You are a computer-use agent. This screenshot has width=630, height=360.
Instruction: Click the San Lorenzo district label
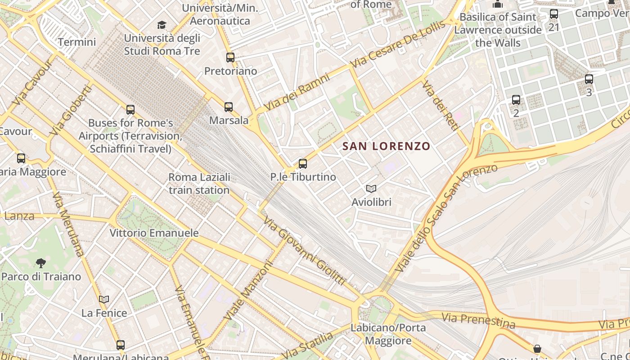[x=386, y=146]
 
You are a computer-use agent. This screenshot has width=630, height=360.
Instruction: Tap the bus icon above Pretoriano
[x=230, y=58]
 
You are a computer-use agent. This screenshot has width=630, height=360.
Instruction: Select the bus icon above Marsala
[x=229, y=107]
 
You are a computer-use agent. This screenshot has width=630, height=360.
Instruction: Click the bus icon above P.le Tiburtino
[x=303, y=164]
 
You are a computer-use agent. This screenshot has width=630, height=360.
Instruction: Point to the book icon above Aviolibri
[x=371, y=189]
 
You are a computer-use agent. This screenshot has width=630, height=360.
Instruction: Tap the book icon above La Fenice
[x=104, y=299]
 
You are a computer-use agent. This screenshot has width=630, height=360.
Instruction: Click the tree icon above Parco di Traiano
[x=41, y=263]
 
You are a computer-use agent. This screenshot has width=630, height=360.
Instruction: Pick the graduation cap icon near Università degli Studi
[x=162, y=25]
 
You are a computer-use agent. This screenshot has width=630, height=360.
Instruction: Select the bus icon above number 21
[x=554, y=14]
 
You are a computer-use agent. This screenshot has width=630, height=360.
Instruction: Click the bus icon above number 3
[x=589, y=80]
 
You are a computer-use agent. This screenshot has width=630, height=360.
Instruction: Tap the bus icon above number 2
[x=516, y=100]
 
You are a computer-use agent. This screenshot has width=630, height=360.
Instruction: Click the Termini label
[x=77, y=42]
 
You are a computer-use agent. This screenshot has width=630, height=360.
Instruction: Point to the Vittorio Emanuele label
[x=154, y=233]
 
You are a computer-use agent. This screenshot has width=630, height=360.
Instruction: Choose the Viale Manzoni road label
[x=248, y=292]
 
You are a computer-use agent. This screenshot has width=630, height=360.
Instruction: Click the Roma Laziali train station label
[x=199, y=184]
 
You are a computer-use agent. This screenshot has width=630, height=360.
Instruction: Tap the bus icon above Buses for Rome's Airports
[x=130, y=110]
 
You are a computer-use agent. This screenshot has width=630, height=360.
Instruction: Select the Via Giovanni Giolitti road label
[x=305, y=251]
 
